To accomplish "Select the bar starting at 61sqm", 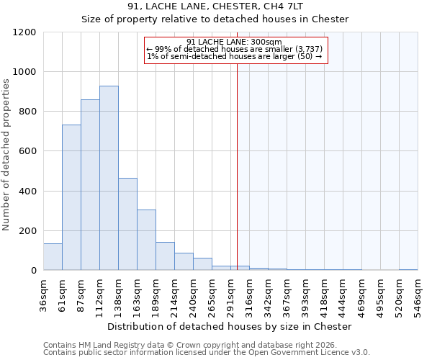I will pos(71,197).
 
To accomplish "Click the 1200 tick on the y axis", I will pos(24,32).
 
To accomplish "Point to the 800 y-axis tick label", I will pos(27,112).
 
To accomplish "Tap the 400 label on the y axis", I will pos(27,192).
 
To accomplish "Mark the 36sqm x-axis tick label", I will pos(43,295).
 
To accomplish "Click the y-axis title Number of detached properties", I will pos(7,155).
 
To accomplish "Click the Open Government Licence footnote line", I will pos(207,352).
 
